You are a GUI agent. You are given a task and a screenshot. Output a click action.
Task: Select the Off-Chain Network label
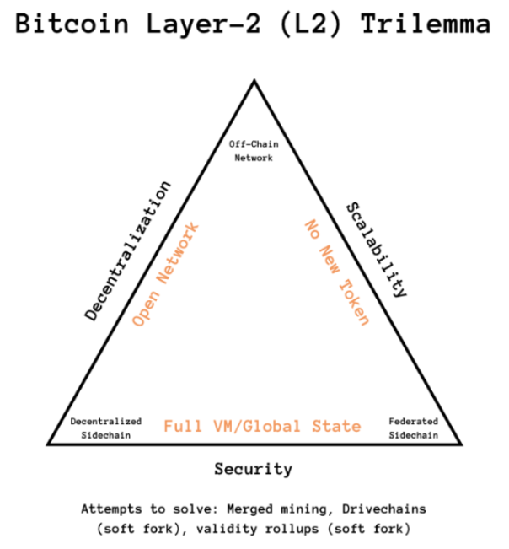(254, 150)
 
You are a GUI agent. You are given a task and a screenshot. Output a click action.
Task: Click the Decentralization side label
(128, 250)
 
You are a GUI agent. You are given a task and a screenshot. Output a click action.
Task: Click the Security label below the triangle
(253, 469)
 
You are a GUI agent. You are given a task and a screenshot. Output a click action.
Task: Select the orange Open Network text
(166, 274)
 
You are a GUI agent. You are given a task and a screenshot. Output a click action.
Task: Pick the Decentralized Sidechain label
(106, 427)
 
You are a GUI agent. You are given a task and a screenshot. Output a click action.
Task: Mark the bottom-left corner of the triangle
(48, 442)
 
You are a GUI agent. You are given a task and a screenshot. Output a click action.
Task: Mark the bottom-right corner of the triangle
(462, 442)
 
